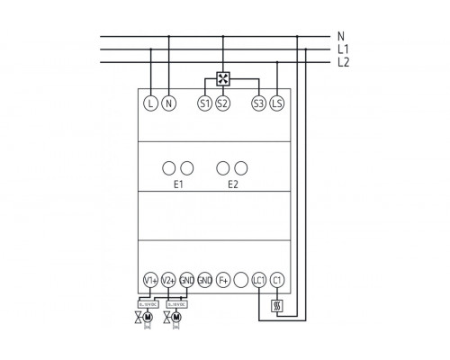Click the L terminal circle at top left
[x=150, y=103]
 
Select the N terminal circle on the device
[x=168, y=103]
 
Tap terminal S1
[x=204, y=103]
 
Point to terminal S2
[x=223, y=103]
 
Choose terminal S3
[x=259, y=103]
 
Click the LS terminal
[x=277, y=103]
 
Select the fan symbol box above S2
[x=223, y=77]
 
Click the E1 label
[x=178, y=184]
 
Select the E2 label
[x=233, y=184]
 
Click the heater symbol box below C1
[x=277, y=305]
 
